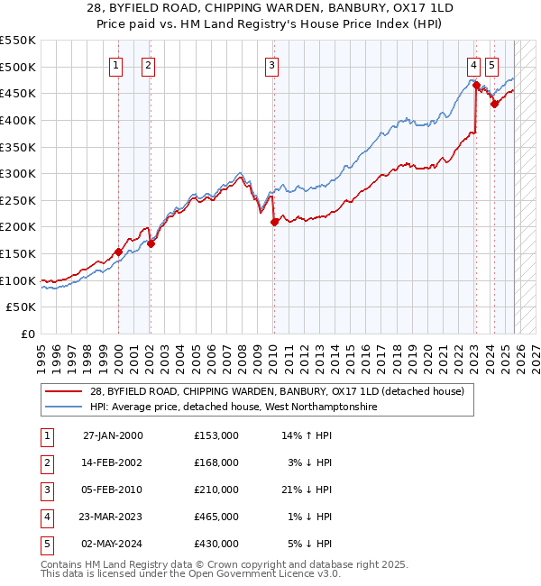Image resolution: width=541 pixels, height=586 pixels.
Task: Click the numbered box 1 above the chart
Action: click(x=117, y=65)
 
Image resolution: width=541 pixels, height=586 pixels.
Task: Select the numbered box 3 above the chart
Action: click(x=272, y=65)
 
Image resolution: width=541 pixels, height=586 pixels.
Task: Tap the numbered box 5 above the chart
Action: click(x=491, y=65)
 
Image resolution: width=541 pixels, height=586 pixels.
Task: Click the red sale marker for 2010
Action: click(x=274, y=222)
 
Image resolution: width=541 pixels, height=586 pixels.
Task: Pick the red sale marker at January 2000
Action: click(x=118, y=252)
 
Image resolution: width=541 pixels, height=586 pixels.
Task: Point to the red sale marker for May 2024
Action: click(x=494, y=104)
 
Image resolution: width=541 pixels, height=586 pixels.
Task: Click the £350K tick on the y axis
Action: click(x=18, y=147)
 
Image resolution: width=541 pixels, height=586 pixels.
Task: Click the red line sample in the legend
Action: click(x=64, y=392)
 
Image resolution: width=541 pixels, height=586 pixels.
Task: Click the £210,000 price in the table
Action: click(x=216, y=490)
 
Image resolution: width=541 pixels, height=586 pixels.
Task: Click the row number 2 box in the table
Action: click(x=45, y=462)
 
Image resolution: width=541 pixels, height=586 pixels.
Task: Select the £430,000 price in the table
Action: click(x=216, y=544)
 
